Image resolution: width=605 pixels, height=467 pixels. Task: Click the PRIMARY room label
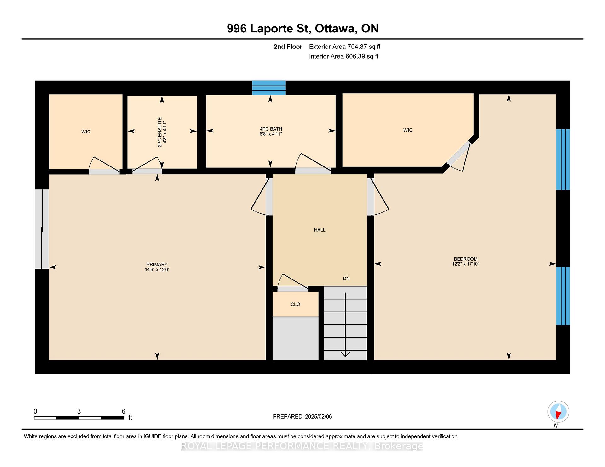click(x=157, y=265)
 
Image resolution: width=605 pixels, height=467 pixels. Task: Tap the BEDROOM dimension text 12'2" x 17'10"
click(x=465, y=264)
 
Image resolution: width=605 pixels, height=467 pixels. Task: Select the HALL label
click(x=320, y=230)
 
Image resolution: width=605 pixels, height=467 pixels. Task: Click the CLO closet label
click(x=295, y=304)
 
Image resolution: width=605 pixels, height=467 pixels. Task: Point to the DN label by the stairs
click(x=346, y=279)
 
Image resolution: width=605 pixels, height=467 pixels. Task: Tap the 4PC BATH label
click(x=271, y=129)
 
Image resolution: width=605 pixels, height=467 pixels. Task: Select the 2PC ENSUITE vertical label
click(x=160, y=132)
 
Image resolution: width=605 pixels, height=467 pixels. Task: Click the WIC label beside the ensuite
click(x=86, y=132)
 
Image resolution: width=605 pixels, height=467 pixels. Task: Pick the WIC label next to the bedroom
click(x=408, y=130)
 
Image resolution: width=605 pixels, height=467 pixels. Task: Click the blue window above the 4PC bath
click(x=269, y=87)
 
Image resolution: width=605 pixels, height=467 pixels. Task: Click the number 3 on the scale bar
click(x=79, y=411)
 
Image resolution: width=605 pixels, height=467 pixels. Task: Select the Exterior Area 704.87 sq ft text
click(x=345, y=47)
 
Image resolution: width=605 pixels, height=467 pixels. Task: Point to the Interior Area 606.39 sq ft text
click(x=344, y=57)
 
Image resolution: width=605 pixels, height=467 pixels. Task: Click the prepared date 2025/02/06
click(x=318, y=417)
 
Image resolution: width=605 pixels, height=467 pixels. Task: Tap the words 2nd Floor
click(x=288, y=47)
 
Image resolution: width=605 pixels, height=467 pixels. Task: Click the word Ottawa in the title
click(x=336, y=29)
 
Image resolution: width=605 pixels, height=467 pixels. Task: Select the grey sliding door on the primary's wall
click(x=42, y=229)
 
